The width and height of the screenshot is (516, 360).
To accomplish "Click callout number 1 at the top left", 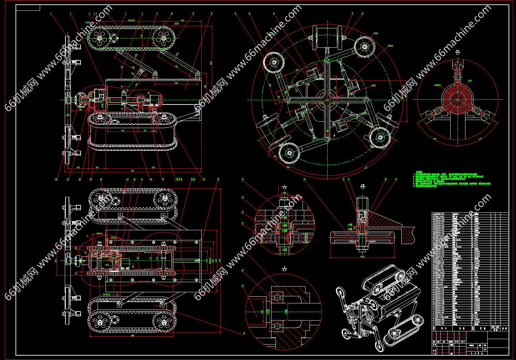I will tap(51, 14).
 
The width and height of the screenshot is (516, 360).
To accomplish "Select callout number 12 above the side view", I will tap(211, 14).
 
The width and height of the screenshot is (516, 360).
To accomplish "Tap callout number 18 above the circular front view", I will tap(362, 14).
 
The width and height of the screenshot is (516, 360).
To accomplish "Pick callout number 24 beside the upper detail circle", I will tap(242, 180).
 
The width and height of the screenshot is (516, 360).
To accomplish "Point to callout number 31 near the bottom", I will tap(244, 334).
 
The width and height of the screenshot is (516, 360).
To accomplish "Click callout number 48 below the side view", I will tap(56, 180).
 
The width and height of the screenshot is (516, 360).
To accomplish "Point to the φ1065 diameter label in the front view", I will tap(390, 46).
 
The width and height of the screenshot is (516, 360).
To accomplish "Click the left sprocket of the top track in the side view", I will tap(99, 38).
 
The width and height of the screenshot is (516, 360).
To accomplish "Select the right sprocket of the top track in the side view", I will tap(164, 38).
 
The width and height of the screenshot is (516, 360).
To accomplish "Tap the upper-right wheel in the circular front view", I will tap(365, 47).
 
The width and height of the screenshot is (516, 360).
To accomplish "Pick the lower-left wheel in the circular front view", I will tap(289, 153).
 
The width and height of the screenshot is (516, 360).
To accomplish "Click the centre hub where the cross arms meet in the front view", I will tap(327, 100).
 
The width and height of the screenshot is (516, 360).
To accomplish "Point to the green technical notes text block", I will tap(452, 179).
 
